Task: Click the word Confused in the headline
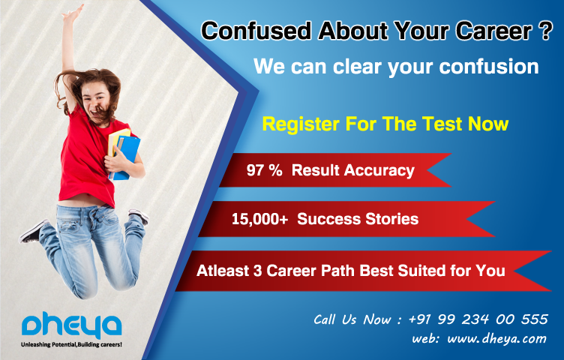click(x=256, y=31)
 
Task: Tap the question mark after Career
click(x=546, y=31)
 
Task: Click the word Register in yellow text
click(x=301, y=124)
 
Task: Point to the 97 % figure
click(x=264, y=170)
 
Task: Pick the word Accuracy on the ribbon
click(x=379, y=171)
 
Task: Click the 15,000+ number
click(x=259, y=220)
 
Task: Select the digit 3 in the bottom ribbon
click(x=257, y=271)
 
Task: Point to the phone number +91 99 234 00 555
click(x=478, y=319)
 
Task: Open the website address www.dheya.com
click(x=496, y=338)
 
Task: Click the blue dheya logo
click(x=71, y=325)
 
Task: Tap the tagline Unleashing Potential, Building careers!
click(x=71, y=344)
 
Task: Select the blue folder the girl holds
click(x=126, y=157)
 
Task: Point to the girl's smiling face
click(x=96, y=100)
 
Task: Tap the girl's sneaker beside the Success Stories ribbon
click(x=138, y=215)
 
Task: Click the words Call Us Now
click(x=352, y=319)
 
